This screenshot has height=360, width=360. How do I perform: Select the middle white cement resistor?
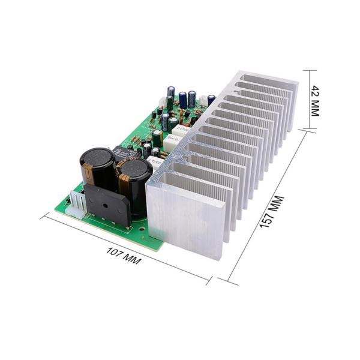[173, 142]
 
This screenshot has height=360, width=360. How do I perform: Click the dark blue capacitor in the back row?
[182, 99]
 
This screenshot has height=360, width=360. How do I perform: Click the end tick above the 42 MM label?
[311, 70]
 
